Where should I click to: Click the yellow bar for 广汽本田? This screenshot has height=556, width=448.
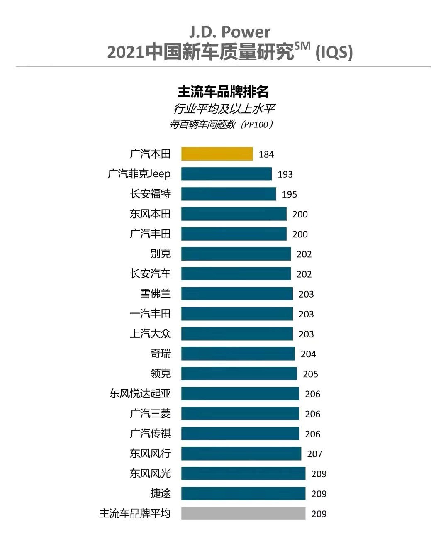coord(217,154)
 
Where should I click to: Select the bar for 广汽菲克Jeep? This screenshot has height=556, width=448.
coord(226,174)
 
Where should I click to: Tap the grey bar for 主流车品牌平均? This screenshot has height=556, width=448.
coord(243,513)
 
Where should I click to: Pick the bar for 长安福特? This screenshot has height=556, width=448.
coord(229,194)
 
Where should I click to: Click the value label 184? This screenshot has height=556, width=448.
coord(266,154)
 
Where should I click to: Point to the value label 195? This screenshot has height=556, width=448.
coord(289,194)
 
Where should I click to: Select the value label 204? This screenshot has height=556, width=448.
coord(308,354)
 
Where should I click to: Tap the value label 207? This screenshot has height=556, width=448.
coord(314,454)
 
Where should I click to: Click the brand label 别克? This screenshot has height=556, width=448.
coord(161,254)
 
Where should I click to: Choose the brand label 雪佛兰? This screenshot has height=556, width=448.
coord(156,293)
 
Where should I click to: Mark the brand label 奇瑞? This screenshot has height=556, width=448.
coord(161,354)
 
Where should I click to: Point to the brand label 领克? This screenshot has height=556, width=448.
coord(161,373)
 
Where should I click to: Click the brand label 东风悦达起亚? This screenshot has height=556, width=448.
coord(140,393)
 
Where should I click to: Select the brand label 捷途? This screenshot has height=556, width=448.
coord(161,493)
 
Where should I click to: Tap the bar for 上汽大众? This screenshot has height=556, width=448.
coord(237,334)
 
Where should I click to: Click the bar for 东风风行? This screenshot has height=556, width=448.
coord(241,454)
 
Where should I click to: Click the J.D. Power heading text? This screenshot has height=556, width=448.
coord(230,32)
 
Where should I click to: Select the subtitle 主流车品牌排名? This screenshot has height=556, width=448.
coord(223,91)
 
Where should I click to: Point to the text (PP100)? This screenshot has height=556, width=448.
coord(257,124)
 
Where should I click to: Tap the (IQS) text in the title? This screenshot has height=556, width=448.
coord(334,53)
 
